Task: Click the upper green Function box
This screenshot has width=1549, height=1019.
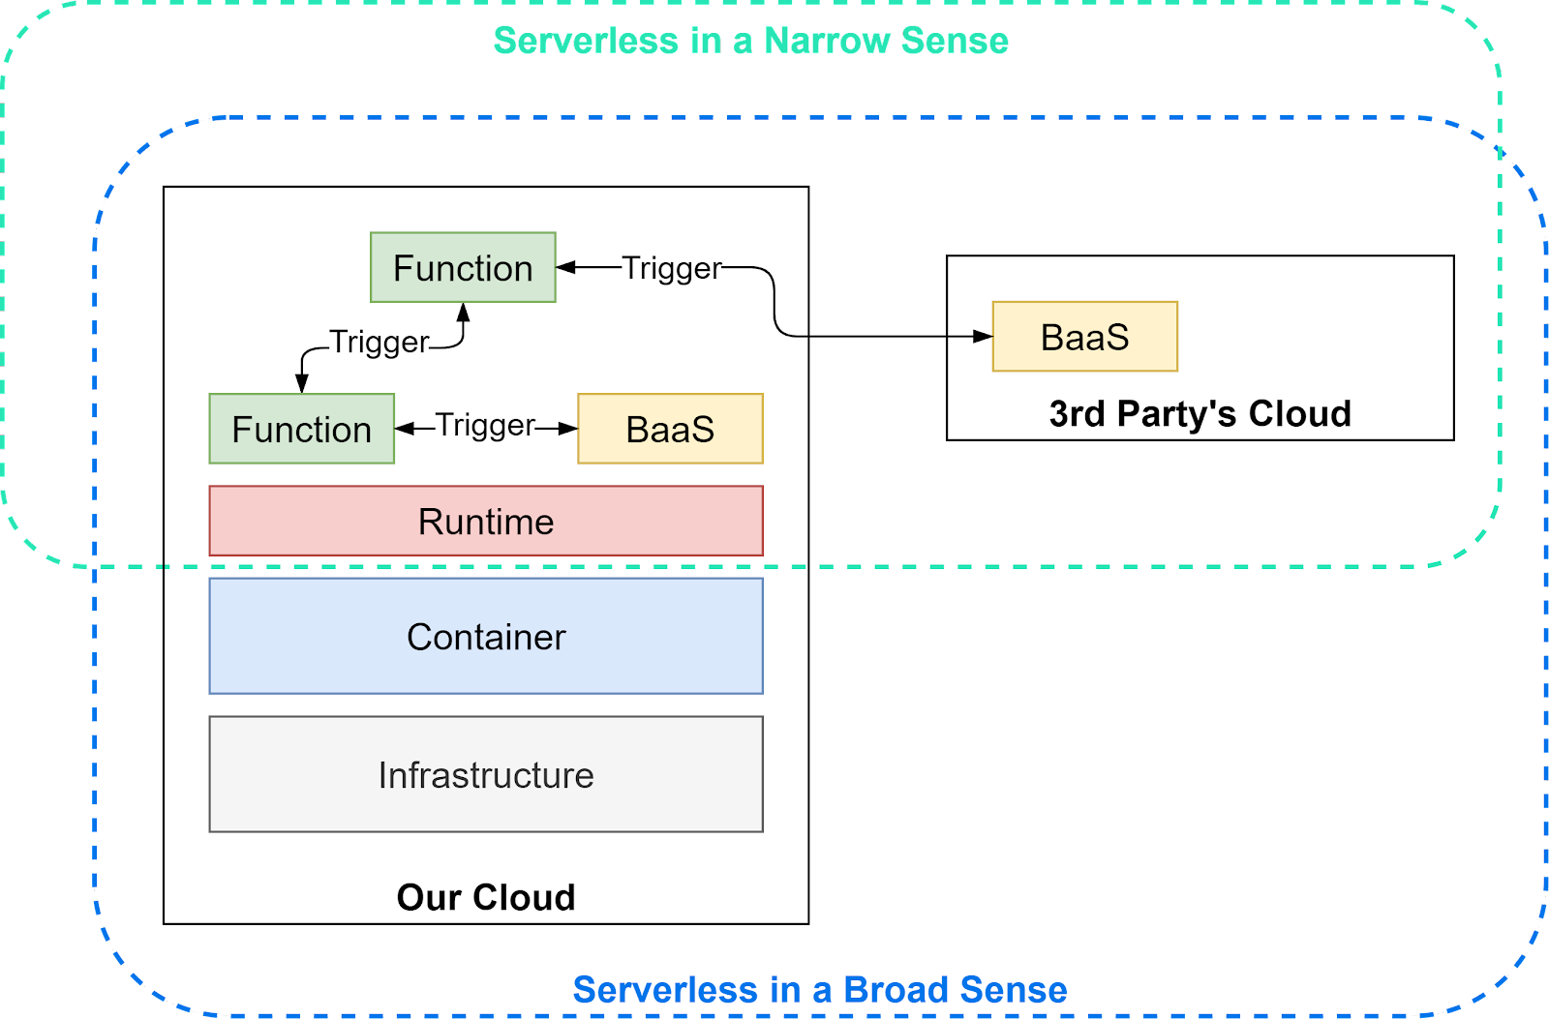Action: [x=463, y=268]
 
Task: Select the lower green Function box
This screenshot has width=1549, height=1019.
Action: [x=301, y=429]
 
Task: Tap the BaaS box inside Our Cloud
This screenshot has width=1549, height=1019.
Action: [x=670, y=429]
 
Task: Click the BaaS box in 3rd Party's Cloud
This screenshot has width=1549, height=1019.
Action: [x=1084, y=337]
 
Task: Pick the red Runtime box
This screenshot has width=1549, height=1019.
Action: [x=486, y=522]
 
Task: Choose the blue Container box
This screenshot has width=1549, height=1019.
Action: [x=486, y=637]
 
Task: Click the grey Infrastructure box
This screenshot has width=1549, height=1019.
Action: [x=486, y=775]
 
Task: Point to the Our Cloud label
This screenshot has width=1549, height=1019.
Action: [x=486, y=897]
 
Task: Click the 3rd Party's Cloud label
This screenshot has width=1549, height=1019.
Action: [x=1200, y=413]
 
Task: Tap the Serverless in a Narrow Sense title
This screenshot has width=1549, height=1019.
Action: [x=750, y=41]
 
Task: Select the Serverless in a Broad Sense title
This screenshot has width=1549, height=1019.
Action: [x=819, y=990]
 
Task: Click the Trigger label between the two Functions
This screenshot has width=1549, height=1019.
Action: [x=379, y=342]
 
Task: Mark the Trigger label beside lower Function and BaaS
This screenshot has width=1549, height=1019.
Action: [x=485, y=425]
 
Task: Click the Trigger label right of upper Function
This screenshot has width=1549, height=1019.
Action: [x=671, y=268]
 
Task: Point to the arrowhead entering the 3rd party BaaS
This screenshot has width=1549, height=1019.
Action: [x=983, y=337]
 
